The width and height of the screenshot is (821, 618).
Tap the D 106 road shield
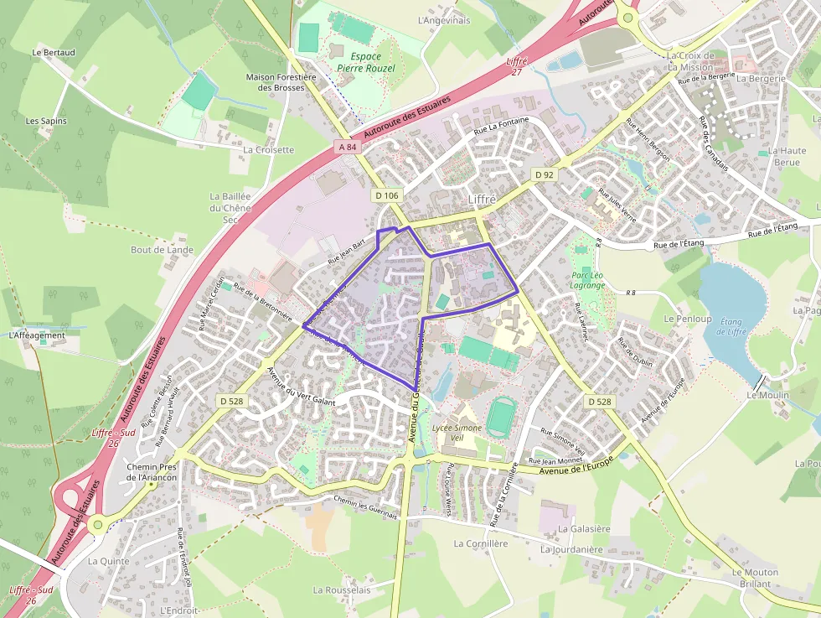click(x=386, y=195)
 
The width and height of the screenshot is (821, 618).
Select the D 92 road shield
click(x=545, y=174)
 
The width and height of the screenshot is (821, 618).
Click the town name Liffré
click(x=483, y=200)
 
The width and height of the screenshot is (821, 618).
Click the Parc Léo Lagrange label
click(x=587, y=280)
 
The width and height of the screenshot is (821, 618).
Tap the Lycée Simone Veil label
click(x=457, y=433)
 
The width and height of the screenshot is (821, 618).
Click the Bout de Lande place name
click(x=162, y=250)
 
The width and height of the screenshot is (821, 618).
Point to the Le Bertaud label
click(x=54, y=52)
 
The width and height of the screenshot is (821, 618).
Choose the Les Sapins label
click(x=46, y=121)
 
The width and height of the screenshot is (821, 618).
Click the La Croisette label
click(x=269, y=150)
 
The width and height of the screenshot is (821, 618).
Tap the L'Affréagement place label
click(x=37, y=335)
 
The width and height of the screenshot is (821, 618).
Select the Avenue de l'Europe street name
click(x=577, y=466)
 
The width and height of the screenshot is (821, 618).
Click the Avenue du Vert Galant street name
click(x=301, y=386)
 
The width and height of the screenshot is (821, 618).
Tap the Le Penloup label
click(x=687, y=319)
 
